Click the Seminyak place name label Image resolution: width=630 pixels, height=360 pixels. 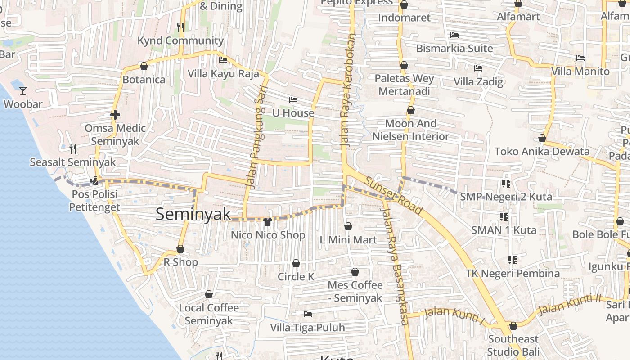(x=193, y=214)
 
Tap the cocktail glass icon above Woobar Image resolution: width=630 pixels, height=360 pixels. (x=23, y=91)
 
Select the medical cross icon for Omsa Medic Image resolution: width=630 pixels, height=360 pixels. (x=115, y=115)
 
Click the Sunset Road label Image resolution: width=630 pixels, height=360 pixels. (x=393, y=196)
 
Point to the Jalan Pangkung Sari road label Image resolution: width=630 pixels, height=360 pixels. (x=255, y=137)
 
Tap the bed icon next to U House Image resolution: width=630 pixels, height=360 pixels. (x=293, y=99)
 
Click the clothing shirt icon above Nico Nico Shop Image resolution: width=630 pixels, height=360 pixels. (x=268, y=221)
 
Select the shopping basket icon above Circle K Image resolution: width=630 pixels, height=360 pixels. (x=296, y=263)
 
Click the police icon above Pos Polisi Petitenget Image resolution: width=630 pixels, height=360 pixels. (x=94, y=181)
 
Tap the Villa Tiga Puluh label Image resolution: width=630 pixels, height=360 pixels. (x=307, y=327)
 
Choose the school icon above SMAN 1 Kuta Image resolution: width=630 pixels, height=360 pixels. (x=504, y=217)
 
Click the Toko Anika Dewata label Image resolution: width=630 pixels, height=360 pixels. (x=542, y=152)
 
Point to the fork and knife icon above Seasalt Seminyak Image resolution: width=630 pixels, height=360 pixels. (x=72, y=148)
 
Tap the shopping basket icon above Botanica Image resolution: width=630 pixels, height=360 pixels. (x=144, y=67)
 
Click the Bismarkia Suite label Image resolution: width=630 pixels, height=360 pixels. (x=454, y=48)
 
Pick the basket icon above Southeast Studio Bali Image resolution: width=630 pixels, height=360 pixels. (x=513, y=326)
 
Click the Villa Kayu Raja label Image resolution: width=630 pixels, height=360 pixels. (x=223, y=73)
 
